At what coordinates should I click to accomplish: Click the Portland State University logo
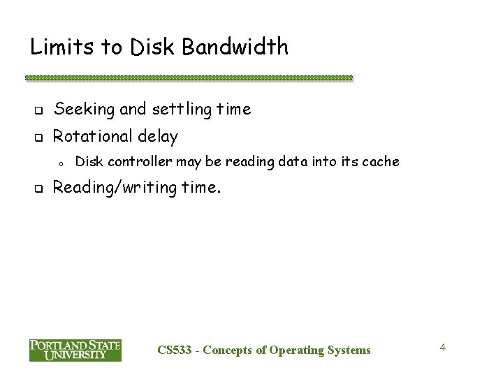coord(75,350)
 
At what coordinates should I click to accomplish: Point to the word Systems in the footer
coord(349,350)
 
